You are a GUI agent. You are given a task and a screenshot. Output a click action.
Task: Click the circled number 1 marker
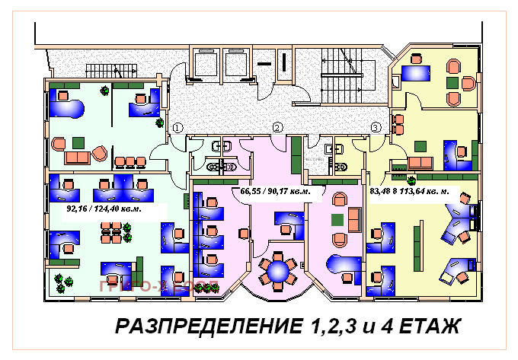(177, 127)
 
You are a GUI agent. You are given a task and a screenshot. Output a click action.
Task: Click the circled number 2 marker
(278, 127)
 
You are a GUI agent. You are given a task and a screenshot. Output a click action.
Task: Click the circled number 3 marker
(376, 127)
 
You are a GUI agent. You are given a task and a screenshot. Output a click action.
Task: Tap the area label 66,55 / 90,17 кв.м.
(275, 192)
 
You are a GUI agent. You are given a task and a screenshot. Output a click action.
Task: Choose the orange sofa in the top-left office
(76, 158)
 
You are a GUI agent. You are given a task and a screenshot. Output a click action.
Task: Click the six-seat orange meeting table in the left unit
(114, 232)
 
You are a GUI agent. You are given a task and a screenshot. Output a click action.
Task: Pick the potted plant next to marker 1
(158, 123)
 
